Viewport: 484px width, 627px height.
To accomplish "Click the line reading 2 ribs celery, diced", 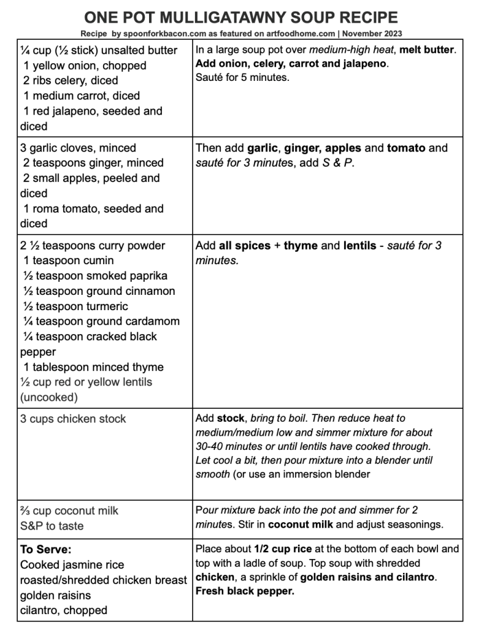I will tap(71, 80).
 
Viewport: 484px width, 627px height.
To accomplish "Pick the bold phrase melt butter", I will tap(426, 50).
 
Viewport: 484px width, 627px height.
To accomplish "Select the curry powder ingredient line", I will tap(93, 246).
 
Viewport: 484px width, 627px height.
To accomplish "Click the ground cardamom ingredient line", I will tap(101, 321).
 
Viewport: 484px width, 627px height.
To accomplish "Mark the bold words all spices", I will tap(245, 246).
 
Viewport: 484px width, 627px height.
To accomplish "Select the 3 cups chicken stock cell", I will tap(73, 419).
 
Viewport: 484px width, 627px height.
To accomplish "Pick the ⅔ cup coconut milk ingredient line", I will tap(69, 511).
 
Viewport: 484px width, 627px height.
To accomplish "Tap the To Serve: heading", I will tap(46, 550).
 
